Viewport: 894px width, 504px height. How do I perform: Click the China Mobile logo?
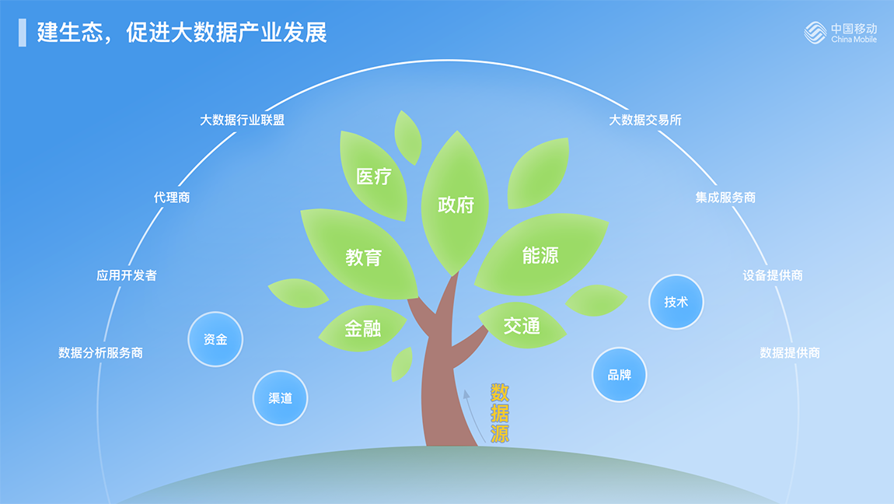pyautogui.click(x=840, y=33)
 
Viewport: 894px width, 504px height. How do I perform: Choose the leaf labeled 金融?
pyautogui.click(x=362, y=328)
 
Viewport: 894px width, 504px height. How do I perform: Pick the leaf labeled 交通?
pyautogui.click(x=522, y=326)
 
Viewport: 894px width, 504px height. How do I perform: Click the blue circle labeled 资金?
pyautogui.click(x=215, y=339)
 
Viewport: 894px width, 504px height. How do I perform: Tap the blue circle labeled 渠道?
pyautogui.click(x=280, y=398)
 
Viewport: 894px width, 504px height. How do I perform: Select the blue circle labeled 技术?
pyautogui.click(x=676, y=303)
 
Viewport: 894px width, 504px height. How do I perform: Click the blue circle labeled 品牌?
pyautogui.click(x=619, y=375)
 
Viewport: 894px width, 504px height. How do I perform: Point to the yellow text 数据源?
pyautogui.click(x=499, y=413)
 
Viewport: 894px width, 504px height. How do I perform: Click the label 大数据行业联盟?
pyautogui.click(x=242, y=120)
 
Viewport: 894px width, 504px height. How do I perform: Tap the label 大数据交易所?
pyautogui.click(x=644, y=120)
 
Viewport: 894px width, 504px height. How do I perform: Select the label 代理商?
pyautogui.click(x=172, y=198)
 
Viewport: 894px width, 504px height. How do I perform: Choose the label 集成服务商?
pyautogui.click(x=725, y=198)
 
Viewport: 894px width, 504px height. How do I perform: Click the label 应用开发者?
pyautogui.click(x=127, y=275)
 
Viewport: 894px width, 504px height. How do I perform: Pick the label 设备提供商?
pyautogui.click(x=773, y=275)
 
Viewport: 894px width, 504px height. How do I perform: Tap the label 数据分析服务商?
pyautogui.click(x=100, y=353)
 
